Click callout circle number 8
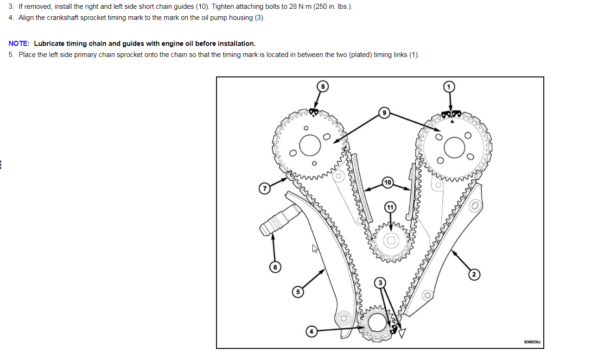(x=323, y=86)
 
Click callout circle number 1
(x=448, y=86)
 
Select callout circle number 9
(x=383, y=113)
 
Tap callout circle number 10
(x=388, y=183)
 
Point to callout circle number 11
(x=390, y=207)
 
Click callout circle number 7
(x=264, y=189)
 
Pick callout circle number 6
(x=275, y=267)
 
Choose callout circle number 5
(x=298, y=292)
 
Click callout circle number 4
(x=312, y=331)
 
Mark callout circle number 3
(x=380, y=283)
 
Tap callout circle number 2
(x=473, y=275)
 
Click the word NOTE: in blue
(x=19, y=44)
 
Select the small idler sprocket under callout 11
(x=391, y=240)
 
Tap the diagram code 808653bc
(x=532, y=342)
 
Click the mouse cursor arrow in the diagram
(x=315, y=249)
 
